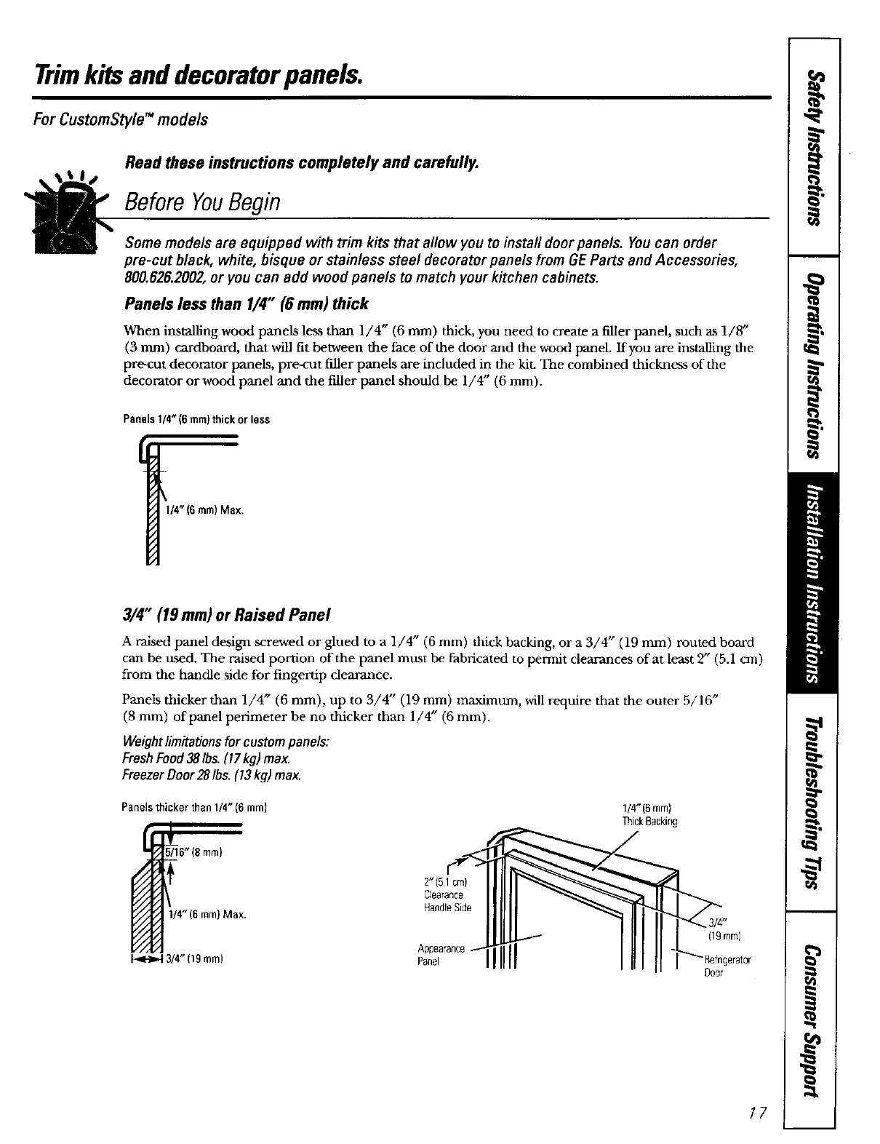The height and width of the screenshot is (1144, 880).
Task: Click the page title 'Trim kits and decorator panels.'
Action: (197, 74)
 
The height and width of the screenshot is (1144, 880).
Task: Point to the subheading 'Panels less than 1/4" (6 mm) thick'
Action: (247, 303)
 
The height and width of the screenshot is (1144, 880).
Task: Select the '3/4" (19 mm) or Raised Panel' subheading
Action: (228, 615)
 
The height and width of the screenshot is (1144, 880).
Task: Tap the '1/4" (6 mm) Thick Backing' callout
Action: (649, 815)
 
